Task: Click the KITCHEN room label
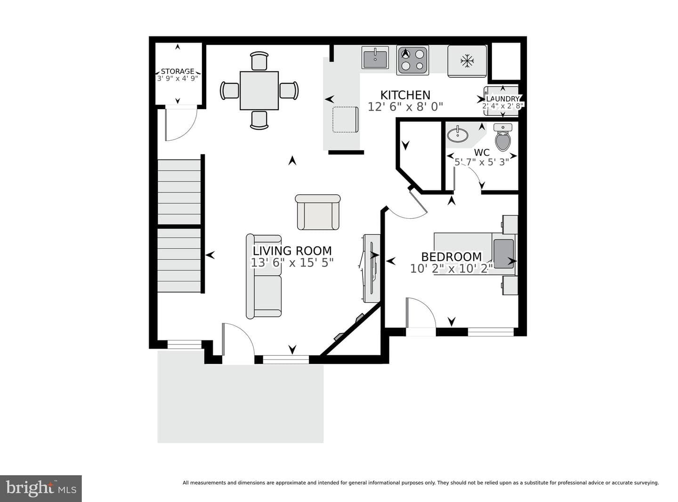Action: click(x=405, y=95)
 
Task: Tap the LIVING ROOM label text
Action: click(x=292, y=251)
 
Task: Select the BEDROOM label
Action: click(x=452, y=257)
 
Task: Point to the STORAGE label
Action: click(x=178, y=71)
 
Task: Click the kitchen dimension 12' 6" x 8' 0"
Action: click(x=405, y=107)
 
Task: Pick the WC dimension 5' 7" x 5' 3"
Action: click(x=482, y=162)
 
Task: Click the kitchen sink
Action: click(x=375, y=57)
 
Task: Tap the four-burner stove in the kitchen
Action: click(x=412, y=60)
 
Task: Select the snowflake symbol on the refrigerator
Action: click(x=467, y=61)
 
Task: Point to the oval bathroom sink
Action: click(x=457, y=135)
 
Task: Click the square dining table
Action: click(x=259, y=91)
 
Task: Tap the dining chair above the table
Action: click(x=259, y=61)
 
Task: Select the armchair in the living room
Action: click(x=318, y=212)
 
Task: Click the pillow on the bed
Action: click(x=503, y=254)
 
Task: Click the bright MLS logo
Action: click(x=40, y=488)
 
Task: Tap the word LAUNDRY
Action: click(x=502, y=99)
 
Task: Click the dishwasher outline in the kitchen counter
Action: click(x=346, y=120)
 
